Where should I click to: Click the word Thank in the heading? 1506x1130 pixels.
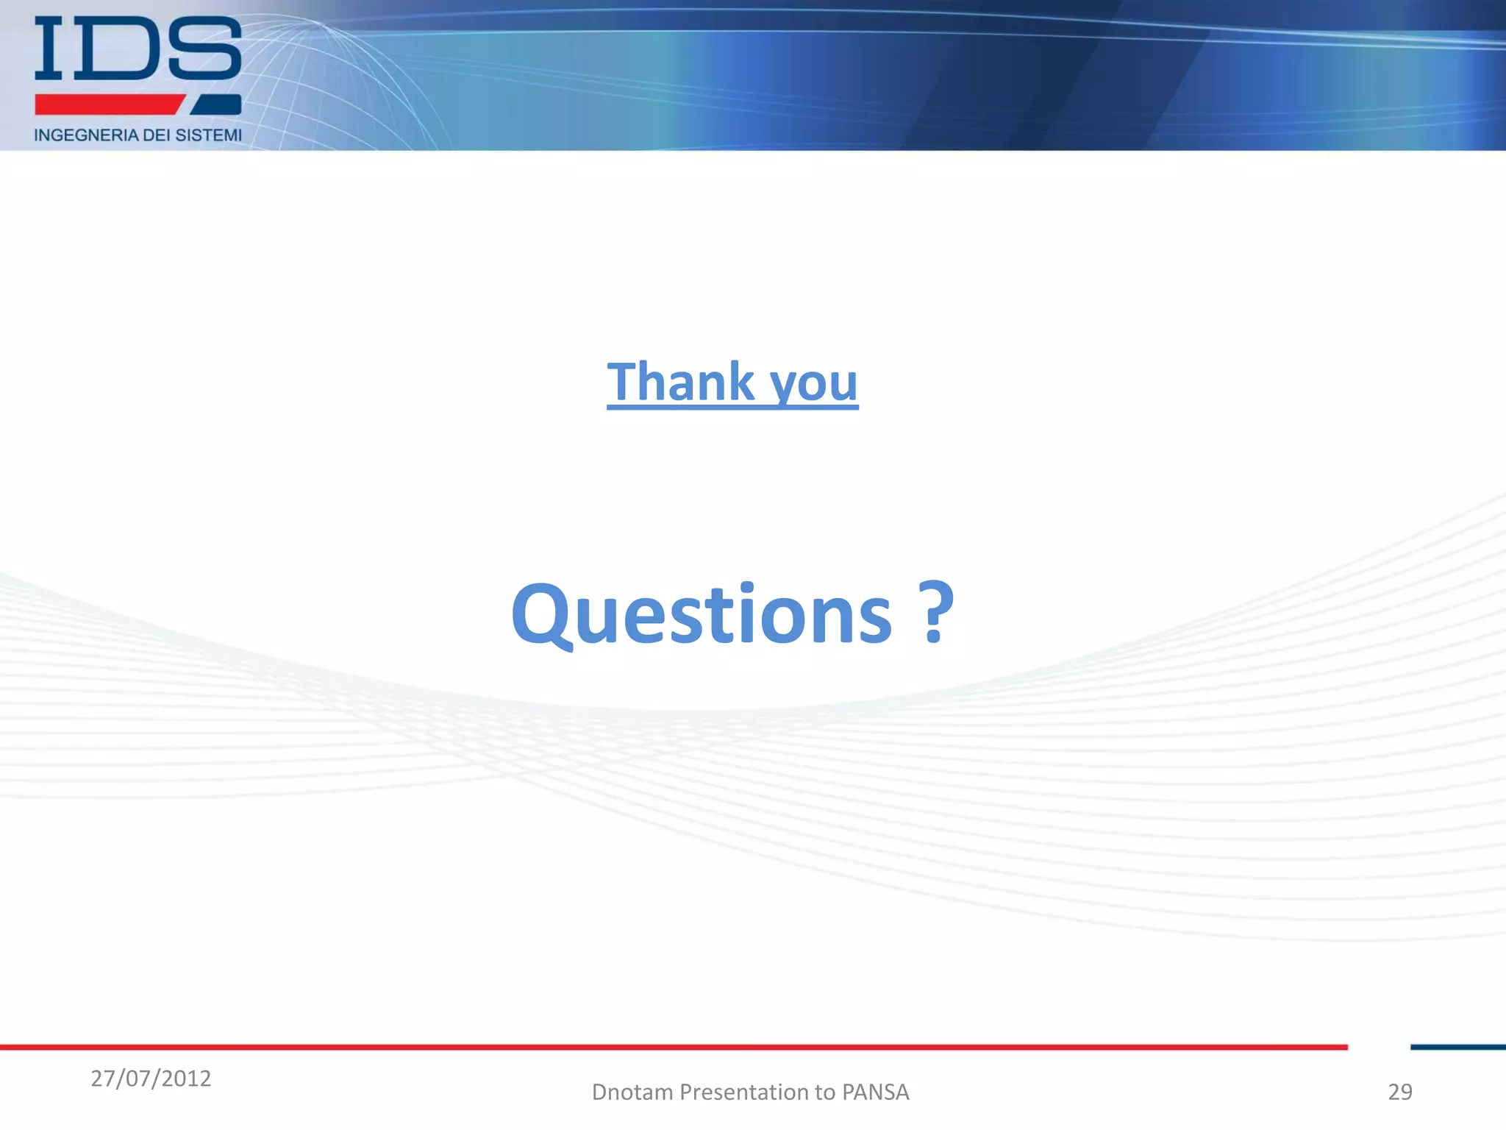click(680, 382)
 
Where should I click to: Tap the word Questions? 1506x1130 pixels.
click(702, 614)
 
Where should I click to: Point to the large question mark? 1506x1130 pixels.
click(935, 612)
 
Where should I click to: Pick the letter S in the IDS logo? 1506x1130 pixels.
click(204, 49)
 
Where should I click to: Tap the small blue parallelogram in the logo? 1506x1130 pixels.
click(217, 104)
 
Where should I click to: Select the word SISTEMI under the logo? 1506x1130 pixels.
click(208, 135)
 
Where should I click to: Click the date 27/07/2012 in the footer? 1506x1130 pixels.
click(151, 1079)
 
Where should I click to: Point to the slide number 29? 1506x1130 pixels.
click(1399, 1092)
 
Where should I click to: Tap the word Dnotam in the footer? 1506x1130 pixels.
click(632, 1092)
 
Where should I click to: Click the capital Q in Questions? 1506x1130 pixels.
click(543, 614)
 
